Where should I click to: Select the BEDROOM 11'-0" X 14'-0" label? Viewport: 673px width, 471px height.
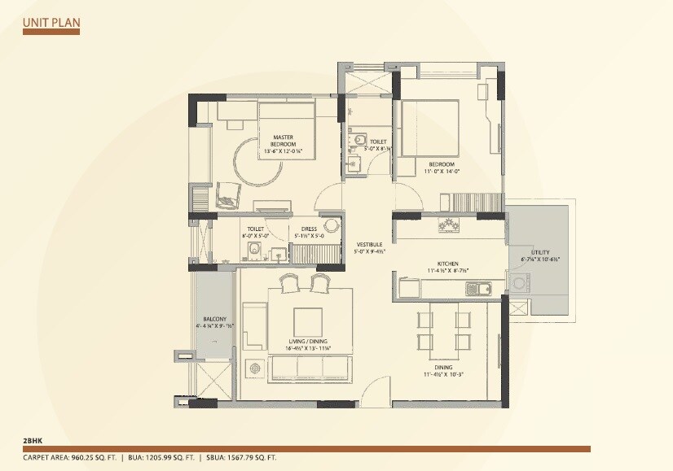click(443, 167)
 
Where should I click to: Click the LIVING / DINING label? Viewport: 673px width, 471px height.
click(307, 344)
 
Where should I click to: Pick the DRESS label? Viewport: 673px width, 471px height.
click(309, 232)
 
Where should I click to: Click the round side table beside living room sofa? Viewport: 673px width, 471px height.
click(255, 368)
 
